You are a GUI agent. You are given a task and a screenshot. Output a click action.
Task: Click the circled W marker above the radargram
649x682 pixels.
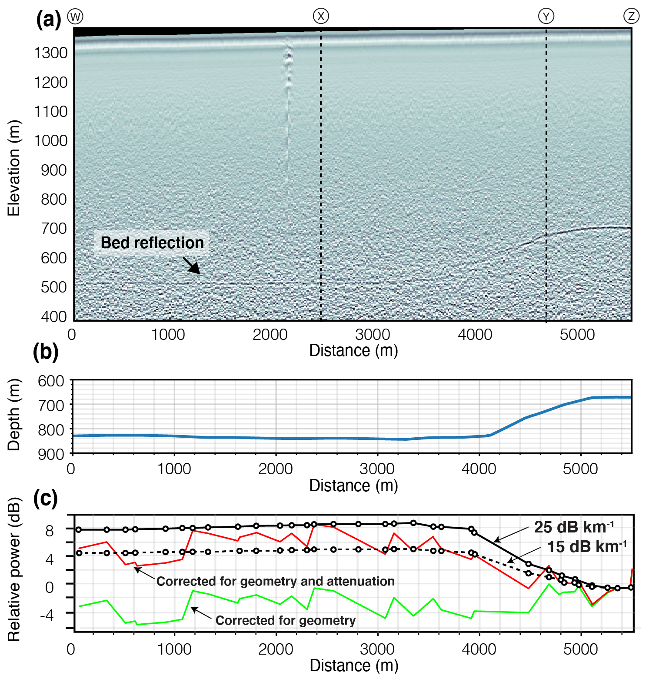click(75, 17)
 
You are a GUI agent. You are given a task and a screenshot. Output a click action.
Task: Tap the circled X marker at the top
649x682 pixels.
click(321, 17)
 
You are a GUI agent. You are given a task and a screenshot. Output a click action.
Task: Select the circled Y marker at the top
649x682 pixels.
click(546, 17)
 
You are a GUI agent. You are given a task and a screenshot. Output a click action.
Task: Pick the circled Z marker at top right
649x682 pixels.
click(631, 17)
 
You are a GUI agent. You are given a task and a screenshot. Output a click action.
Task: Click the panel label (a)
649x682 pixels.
click(48, 20)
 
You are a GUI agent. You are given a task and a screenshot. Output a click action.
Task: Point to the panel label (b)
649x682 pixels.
click(46, 352)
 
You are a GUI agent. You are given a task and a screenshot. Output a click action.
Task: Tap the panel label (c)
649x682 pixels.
click(46, 499)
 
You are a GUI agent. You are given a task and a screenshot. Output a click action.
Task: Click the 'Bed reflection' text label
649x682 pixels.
click(152, 243)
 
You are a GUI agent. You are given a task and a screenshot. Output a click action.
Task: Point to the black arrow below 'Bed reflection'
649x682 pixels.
click(191, 265)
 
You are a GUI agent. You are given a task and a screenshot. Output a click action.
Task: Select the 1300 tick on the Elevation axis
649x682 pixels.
click(51, 53)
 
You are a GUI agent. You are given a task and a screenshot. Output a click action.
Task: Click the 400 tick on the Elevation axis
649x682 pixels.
click(54, 316)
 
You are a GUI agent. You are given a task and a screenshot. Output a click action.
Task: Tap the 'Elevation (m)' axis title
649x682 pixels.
click(14, 168)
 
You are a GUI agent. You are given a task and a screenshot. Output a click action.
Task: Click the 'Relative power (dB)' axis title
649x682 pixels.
click(14, 569)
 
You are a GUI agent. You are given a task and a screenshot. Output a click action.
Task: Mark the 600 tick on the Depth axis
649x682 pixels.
click(51, 381)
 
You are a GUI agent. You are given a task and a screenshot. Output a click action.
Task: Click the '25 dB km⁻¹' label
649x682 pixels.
click(574, 527)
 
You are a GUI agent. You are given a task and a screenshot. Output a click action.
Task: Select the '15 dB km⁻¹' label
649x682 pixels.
click(586, 546)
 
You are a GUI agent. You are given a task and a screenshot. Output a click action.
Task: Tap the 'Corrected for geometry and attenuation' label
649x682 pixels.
click(275, 581)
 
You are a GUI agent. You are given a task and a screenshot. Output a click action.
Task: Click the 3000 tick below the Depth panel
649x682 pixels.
click(377, 469)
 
